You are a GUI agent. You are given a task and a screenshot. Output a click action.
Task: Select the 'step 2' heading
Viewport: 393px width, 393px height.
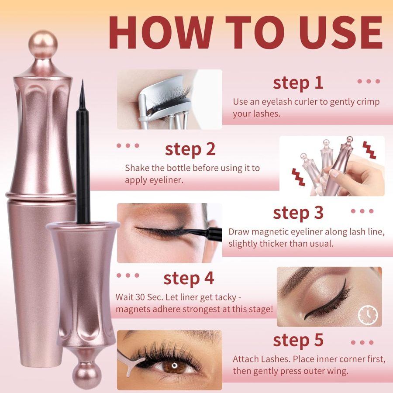[190, 149]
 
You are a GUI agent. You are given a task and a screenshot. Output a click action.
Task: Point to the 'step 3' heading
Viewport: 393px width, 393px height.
[298, 213]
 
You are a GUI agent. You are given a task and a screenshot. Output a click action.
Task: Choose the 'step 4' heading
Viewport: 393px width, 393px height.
[189, 278]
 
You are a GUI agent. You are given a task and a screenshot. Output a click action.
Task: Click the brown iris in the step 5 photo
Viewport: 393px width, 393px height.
[175, 365]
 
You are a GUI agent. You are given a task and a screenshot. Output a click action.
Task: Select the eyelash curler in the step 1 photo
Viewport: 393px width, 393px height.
[162, 105]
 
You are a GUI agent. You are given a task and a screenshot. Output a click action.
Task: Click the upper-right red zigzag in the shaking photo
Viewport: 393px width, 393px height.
[369, 150]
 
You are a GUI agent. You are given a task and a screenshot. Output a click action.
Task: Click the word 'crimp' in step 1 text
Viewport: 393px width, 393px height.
[369, 102]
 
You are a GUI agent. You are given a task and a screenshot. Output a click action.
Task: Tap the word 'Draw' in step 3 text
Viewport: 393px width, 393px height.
[238, 232]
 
